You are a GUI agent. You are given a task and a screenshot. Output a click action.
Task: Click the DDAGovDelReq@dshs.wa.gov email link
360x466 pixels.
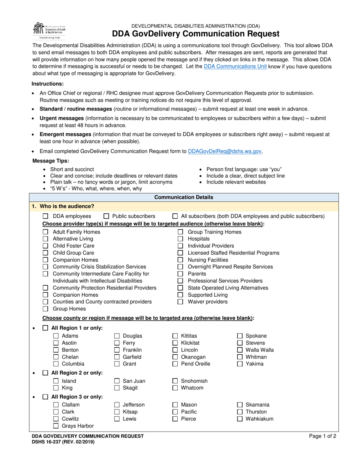tap(225, 151)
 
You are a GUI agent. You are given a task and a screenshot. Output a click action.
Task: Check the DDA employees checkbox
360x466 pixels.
tap(45, 216)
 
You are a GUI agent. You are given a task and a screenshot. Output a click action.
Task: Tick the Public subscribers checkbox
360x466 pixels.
tap(106, 216)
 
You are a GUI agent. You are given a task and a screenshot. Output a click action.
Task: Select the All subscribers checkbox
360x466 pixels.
tap(175, 216)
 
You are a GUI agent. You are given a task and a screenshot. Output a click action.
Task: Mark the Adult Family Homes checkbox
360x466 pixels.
tap(45, 232)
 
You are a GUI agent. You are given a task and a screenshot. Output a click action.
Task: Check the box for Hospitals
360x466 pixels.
tap(181, 239)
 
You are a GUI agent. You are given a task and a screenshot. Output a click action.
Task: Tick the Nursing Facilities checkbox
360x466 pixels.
tap(181, 260)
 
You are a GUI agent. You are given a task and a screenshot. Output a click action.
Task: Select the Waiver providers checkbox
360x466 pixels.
tap(181, 302)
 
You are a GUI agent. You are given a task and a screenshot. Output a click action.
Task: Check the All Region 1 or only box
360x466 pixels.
tap(45, 328)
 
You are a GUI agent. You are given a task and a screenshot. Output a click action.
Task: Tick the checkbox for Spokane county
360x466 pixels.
tap(240, 336)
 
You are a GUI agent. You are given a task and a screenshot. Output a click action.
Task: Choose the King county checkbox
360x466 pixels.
tap(56, 388)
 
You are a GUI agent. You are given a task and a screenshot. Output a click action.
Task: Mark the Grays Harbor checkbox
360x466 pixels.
tap(56, 426)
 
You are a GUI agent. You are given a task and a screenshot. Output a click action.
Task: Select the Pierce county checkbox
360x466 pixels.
tap(175, 419)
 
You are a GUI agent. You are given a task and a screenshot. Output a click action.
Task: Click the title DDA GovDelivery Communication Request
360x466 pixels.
tap(196, 34)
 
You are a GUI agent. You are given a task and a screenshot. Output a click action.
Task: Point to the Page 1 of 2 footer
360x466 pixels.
tap(322, 436)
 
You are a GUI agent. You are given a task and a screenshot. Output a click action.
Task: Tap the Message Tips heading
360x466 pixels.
tap(51, 161)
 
